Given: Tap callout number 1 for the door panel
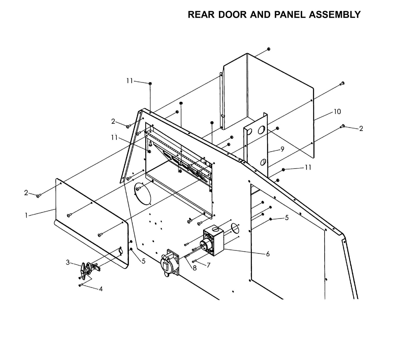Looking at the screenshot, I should [x=26, y=215].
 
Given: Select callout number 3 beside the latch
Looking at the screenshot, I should [x=68, y=262].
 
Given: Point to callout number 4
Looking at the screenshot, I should [x=101, y=289].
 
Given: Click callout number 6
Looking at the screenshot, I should [x=268, y=254].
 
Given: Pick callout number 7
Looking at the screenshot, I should [x=208, y=265].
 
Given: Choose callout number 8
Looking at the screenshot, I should [x=194, y=268].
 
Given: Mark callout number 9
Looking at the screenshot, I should [x=282, y=149].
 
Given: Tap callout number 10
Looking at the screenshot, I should [x=337, y=111].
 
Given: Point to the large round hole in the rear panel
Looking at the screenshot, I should [x=142, y=193].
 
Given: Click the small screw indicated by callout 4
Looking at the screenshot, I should [x=80, y=285].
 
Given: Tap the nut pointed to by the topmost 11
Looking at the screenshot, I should [x=150, y=83].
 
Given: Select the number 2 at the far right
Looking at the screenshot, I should [x=361, y=129].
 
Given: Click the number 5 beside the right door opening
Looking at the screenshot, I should [x=287, y=218].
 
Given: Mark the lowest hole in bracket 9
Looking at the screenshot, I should [x=262, y=163].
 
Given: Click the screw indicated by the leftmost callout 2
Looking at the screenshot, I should [x=38, y=195].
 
